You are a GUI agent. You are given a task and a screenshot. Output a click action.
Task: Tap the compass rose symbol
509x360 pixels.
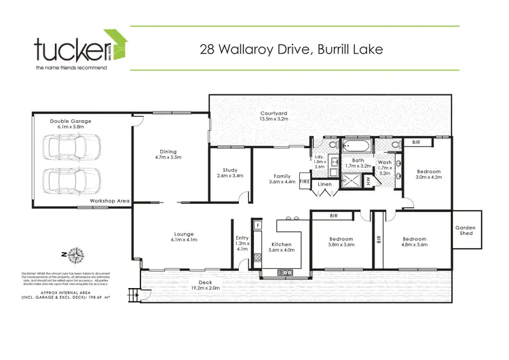click(x=75, y=256)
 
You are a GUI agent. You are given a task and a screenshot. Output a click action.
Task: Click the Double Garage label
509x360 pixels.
click(x=70, y=122)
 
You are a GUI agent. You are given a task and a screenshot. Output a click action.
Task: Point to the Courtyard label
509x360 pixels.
click(x=274, y=113)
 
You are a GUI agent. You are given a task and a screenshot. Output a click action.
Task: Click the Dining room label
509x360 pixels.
click(x=168, y=151)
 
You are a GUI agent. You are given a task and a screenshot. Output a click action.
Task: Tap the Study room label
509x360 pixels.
click(x=229, y=170)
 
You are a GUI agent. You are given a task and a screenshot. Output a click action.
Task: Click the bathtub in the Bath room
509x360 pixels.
click(x=355, y=145)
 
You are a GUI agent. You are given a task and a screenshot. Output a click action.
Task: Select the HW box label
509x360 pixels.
click(x=368, y=181)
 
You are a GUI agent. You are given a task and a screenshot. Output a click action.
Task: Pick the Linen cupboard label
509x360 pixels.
click(x=325, y=184)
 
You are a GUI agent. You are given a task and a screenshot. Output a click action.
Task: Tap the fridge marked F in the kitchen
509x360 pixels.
click(x=258, y=224)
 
